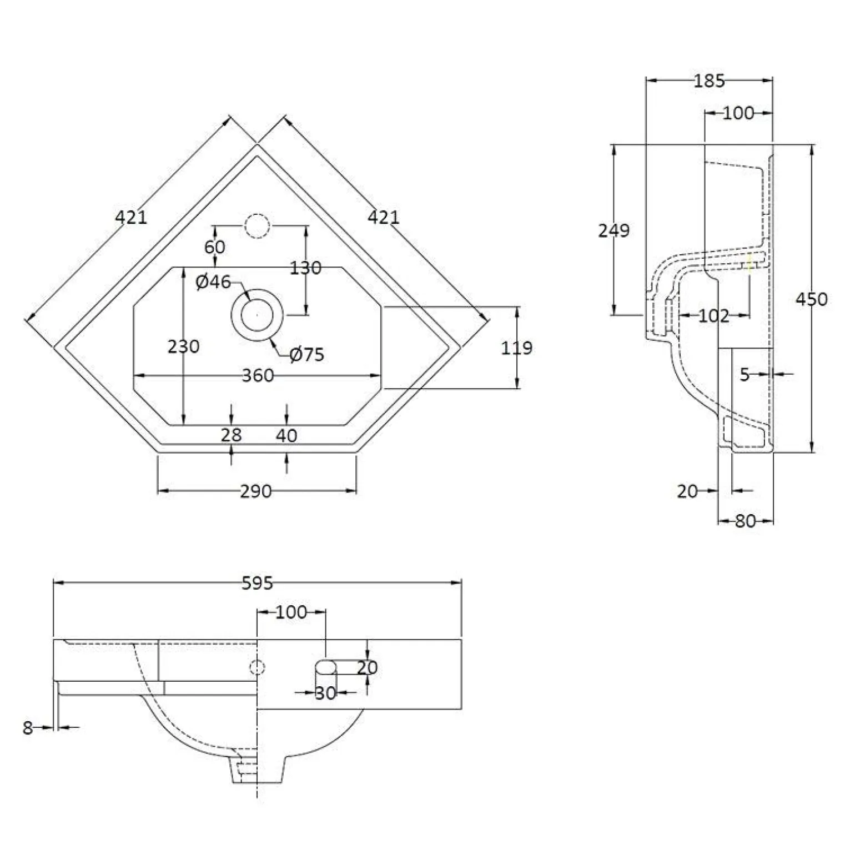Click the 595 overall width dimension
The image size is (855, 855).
[258, 583]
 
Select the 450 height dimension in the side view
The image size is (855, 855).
[811, 299]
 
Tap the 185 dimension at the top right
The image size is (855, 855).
[710, 81]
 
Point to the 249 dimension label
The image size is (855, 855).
[613, 230]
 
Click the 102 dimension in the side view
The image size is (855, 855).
[713, 316]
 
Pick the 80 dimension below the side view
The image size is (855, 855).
[745, 521]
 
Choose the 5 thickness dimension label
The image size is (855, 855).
[745, 375]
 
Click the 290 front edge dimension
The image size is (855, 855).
[256, 491]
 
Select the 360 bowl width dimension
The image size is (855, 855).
[258, 375]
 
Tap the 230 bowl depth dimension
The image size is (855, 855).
[184, 346]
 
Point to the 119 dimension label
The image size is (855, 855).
[517, 348]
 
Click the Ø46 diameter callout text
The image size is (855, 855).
[213, 282]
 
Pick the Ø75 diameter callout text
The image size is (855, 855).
[307, 354]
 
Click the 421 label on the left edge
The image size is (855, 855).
[132, 217]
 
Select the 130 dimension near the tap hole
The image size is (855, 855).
[306, 268]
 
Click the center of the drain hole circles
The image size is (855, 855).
[258, 315]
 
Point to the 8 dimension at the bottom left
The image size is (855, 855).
[28, 728]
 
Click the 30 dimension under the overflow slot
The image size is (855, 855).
[325, 693]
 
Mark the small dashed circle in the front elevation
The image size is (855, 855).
[258, 666]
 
